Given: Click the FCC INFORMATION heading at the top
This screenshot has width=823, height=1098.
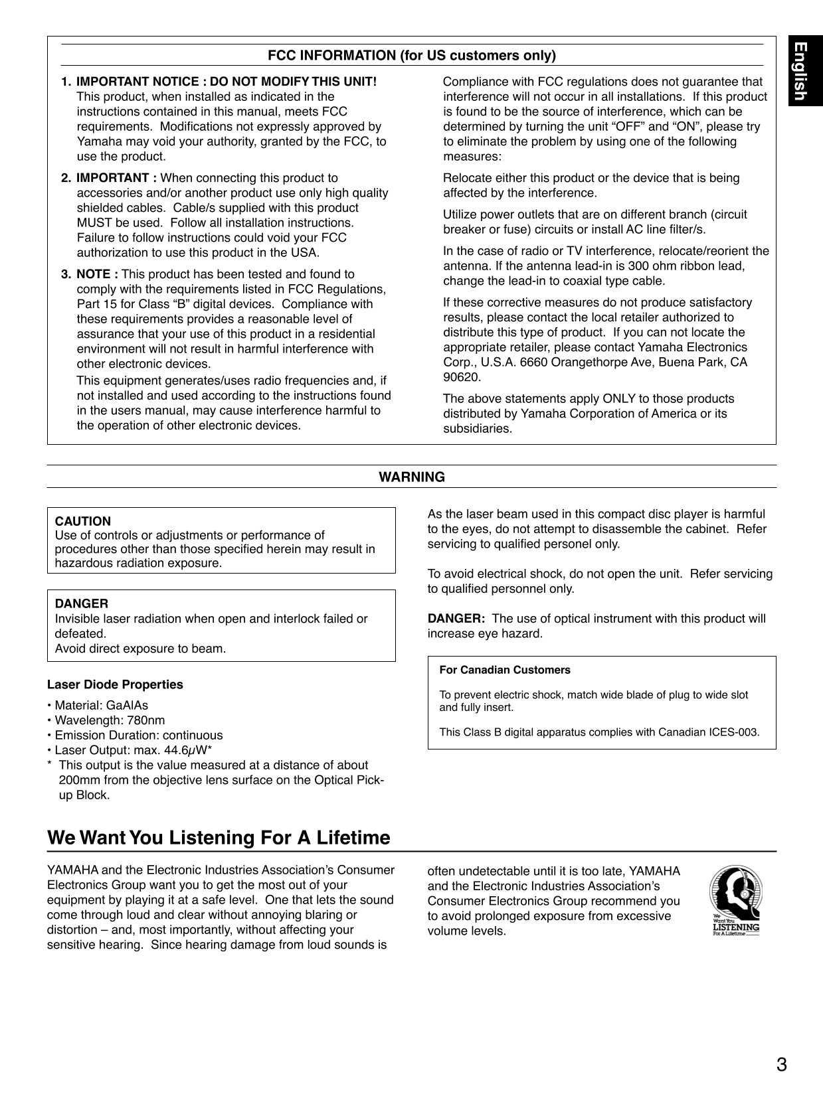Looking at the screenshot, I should pyautogui.click(x=411, y=55).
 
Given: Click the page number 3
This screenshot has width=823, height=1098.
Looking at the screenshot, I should pyautogui.click(x=781, y=1065).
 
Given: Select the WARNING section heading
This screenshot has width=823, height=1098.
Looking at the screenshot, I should pyautogui.click(x=411, y=477).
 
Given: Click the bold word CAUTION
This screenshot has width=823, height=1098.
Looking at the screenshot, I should pyautogui.click(x=83, y=521).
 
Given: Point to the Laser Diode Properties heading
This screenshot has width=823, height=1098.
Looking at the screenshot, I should pyautogui.click(x=115, y=684).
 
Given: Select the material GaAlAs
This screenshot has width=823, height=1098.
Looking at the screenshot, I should pyautogui.click(x=128, y=705).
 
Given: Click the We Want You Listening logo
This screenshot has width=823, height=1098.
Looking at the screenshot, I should pyautogui.click(x=735, y=900).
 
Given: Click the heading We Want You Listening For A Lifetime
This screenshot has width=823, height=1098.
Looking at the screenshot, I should pyautogui.click(x=219, y=838).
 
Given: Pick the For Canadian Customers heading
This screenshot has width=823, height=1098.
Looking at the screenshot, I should pyautogui.click(x=505, y=670).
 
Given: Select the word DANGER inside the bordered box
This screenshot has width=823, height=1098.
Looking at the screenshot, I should pyautogui.click(x=81, y=603).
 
